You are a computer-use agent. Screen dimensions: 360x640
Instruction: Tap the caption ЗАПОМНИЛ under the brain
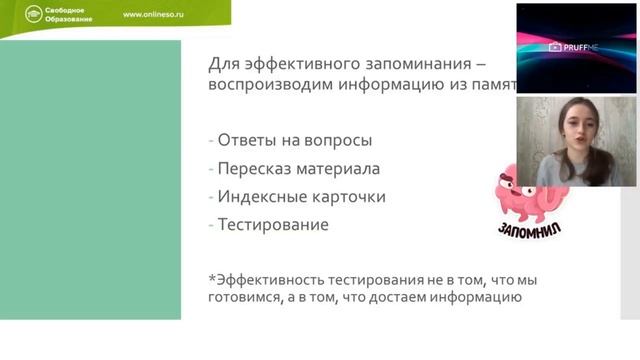coord(528,230)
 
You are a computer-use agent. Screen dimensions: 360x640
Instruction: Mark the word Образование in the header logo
coord(51,21)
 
